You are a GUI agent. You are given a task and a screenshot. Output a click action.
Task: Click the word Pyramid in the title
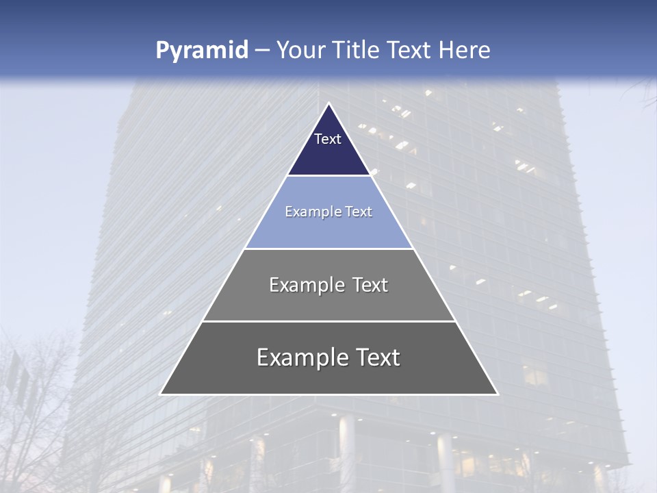202,51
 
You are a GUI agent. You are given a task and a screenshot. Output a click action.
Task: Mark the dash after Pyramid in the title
262,51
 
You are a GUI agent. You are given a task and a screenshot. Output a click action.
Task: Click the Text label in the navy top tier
328,139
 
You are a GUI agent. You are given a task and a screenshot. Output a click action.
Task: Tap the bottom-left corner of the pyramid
161,394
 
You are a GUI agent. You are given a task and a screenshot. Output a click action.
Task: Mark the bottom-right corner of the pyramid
498,394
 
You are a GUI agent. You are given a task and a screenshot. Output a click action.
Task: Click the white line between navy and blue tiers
329,175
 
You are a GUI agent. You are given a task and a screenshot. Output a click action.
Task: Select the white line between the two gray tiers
329,321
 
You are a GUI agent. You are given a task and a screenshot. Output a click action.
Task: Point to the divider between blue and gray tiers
329,249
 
